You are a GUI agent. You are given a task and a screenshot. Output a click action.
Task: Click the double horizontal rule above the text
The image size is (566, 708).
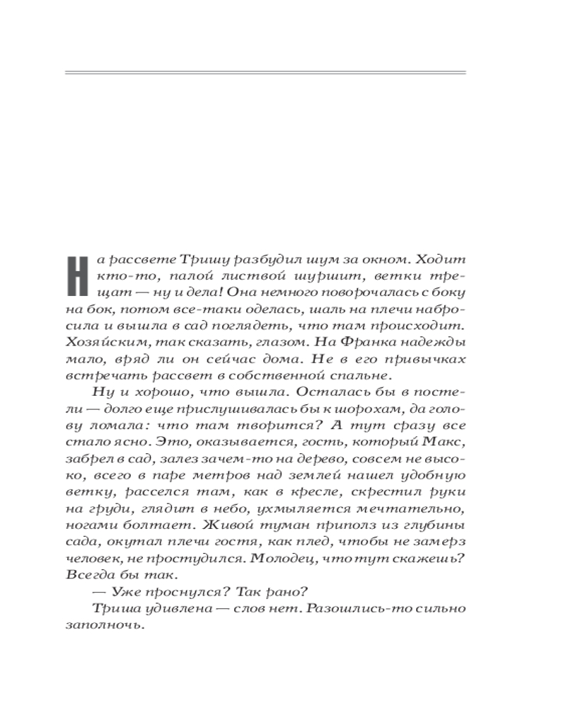tap(265, 72)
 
